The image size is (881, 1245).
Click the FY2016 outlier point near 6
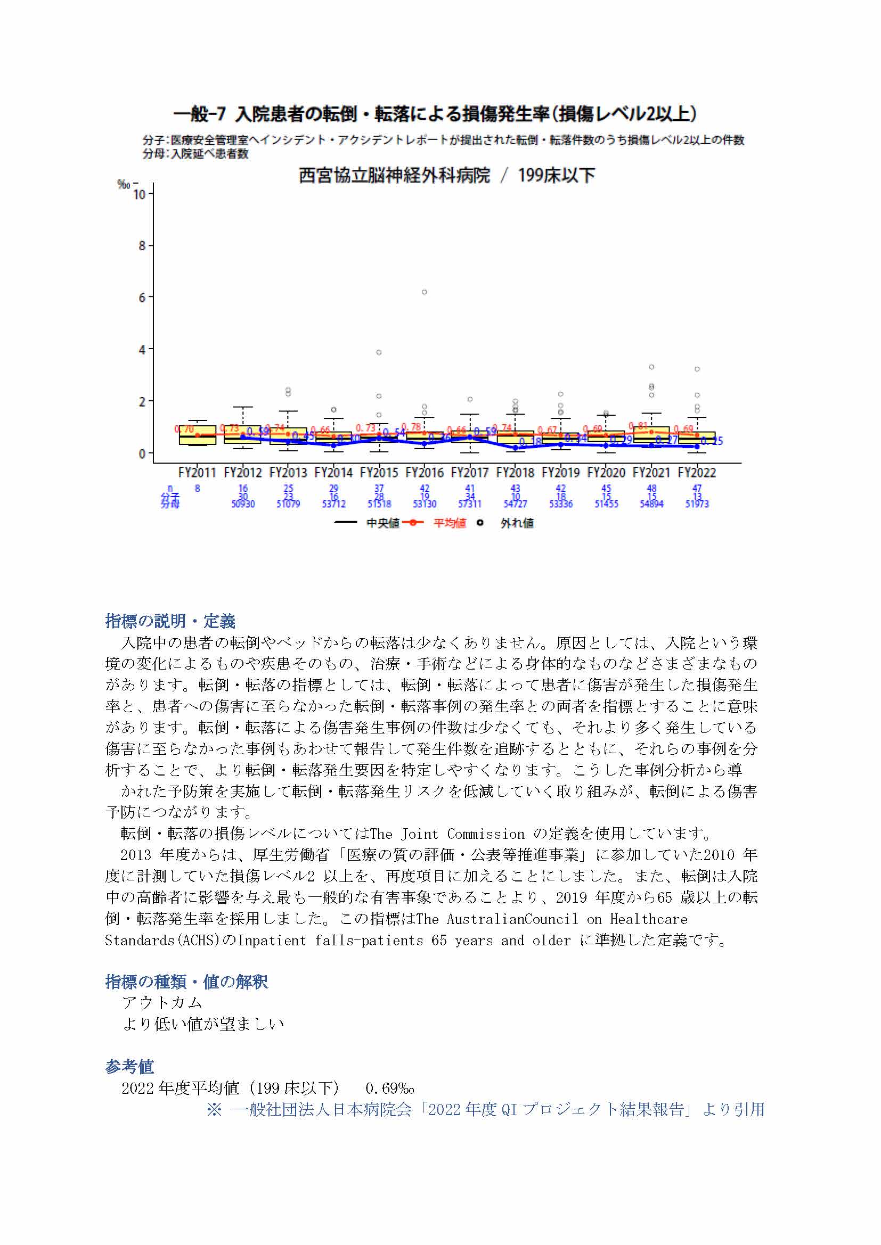tap(424, 292)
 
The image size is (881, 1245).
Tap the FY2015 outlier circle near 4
tap(379, 352)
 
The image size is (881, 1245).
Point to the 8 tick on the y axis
tap(142, 245)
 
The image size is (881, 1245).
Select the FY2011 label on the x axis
tap(197, 472)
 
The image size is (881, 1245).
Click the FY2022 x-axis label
tap(697, 472)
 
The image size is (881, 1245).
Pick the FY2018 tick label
tap(515, 472)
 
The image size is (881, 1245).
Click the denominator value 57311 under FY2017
tap(470, 504)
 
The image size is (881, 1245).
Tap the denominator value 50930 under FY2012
tap(243, 504)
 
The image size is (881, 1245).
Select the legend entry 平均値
tap(449, 523)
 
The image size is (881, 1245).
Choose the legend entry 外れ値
tap(517, 523)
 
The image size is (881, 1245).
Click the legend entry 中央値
tap(382, 523)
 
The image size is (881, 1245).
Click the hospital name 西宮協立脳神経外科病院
tap(394, 176)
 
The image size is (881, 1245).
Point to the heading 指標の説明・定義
tap(170, 621)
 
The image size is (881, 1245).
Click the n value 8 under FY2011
tap(198, 488)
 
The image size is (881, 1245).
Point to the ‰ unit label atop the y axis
tap(124, 184)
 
